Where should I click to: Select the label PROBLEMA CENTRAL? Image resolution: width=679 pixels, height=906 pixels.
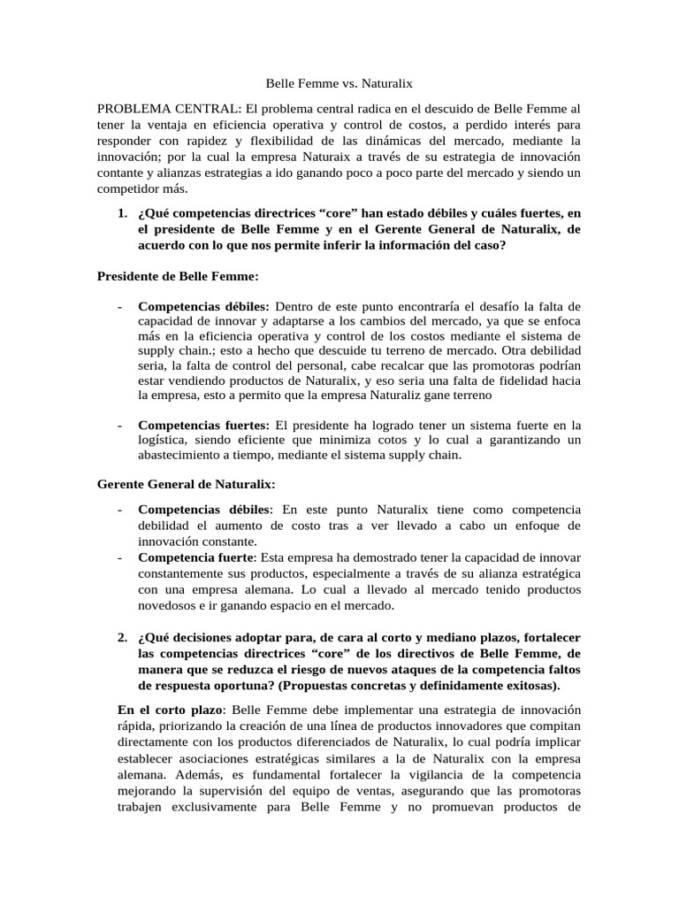click(x=166, y=107)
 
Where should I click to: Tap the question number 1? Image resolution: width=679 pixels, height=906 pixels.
click(x=122, y=214)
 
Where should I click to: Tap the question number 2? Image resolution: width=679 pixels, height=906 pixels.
click(x=122, y=638)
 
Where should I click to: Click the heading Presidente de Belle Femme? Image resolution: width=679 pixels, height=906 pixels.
click(x=178, y=276)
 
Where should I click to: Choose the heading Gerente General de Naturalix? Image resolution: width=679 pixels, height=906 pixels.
click(x=186, y=484)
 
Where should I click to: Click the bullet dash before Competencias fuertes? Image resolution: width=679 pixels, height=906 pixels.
click(x=119, y=426)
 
